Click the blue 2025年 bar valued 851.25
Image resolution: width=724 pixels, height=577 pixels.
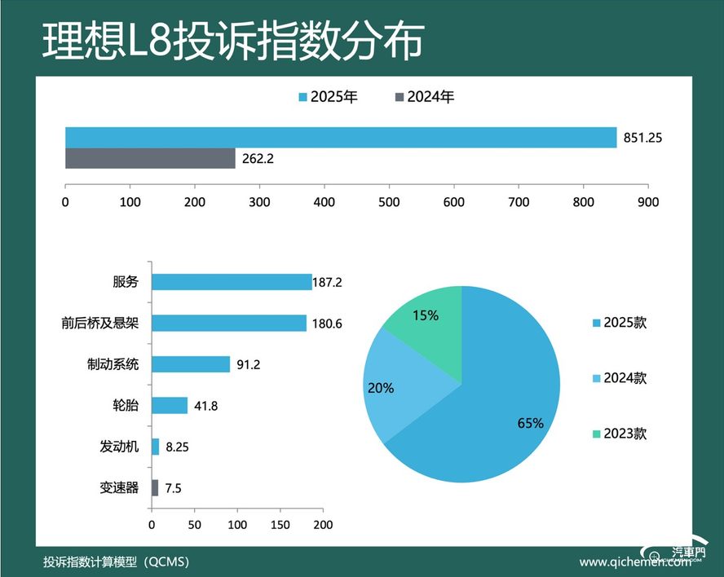[x=341, y=138]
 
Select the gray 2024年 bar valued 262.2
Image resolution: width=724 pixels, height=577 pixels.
[x=150, y=158]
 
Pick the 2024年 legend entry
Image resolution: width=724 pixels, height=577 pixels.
[x=424, y=97]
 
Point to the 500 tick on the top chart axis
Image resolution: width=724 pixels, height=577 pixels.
[x=389, y=201]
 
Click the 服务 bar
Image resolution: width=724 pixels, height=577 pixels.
[x=232, y=282]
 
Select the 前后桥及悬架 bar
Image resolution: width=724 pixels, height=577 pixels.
[x=229, y=323]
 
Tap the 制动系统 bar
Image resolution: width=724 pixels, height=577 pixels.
[x=191, y=364]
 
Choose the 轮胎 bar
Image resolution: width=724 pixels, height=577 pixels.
[x=170, y=405]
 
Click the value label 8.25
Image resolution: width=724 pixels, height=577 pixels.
[x=178, y=447]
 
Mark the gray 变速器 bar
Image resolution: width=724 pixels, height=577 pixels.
[x=155, y=487]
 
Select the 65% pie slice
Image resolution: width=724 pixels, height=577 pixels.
[x=489, y=407]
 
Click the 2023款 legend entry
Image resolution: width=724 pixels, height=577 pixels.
[x=620, y=434]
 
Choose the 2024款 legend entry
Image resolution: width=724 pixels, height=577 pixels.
[x=620, y=378]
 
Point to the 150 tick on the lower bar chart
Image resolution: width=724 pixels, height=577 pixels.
[x=280, y=525]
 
